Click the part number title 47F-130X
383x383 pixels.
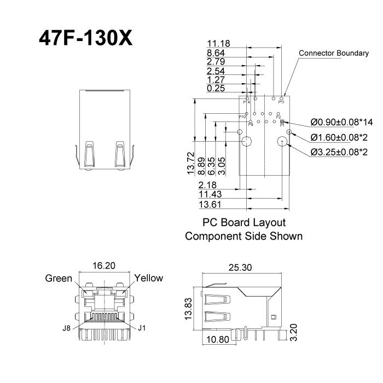tap(85, 38)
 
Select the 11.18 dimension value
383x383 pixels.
tap(219, 43)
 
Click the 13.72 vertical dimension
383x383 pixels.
tap(190, 164)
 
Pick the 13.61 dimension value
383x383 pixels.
tap(211, 204)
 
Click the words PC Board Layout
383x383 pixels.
tap(244, 223)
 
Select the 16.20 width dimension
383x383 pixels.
tap(104, 266)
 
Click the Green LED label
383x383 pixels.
tap(59, 278)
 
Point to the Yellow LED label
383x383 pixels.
tap(149, 278)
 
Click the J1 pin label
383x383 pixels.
tap(142, 329)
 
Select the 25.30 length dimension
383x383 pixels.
tap(241, 268)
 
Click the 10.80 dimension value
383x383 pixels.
tap(217, 340)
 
